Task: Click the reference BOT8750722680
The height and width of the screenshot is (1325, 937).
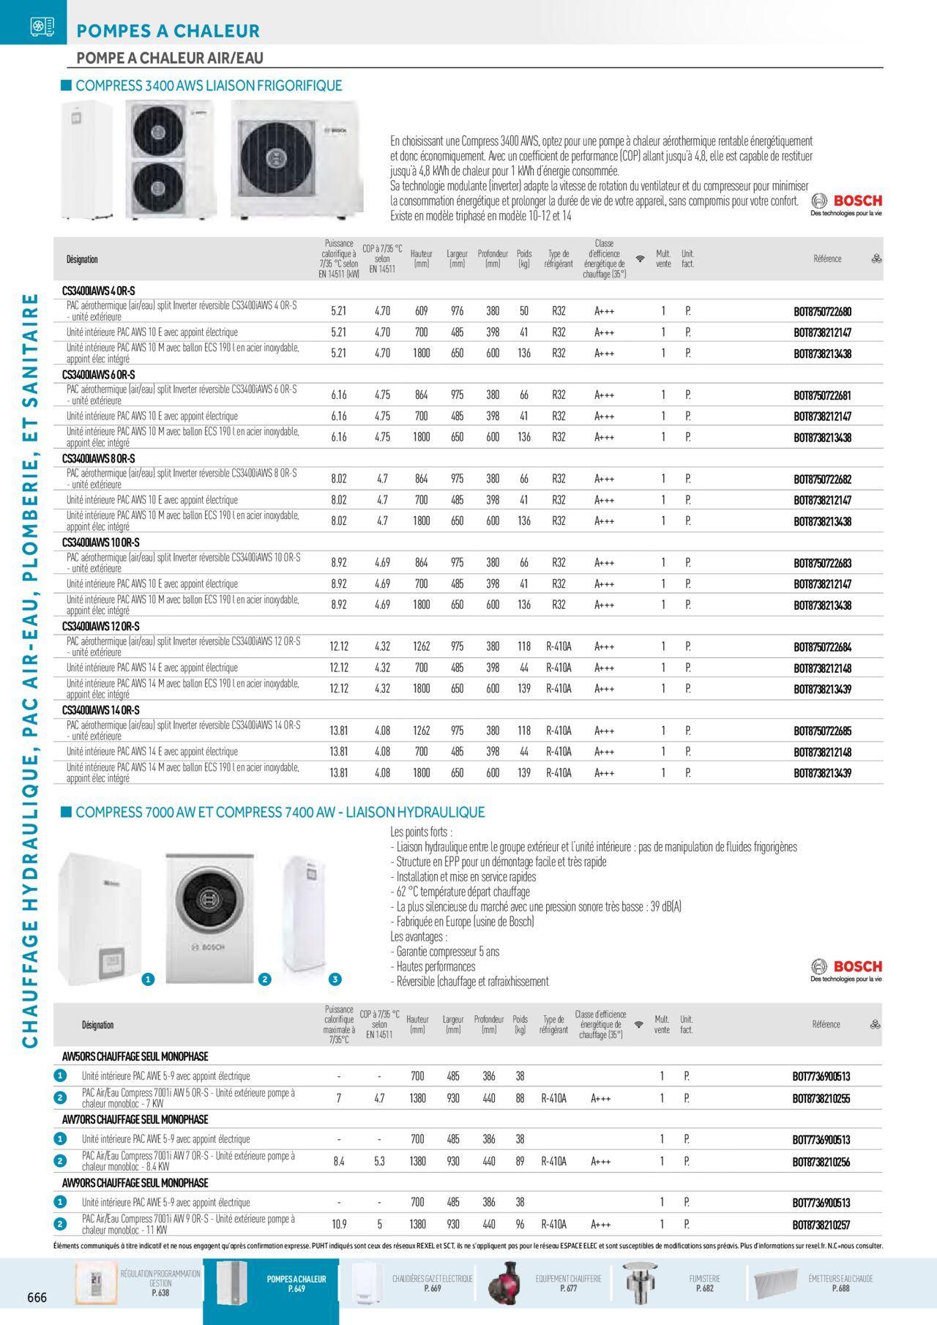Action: (x=822, y=312)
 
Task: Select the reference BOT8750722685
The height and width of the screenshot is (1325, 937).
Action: (x=822, y=731)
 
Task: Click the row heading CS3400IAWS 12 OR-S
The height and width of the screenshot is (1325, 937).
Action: (x=101, y=627)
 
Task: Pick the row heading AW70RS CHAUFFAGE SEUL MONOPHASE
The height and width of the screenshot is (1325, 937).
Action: (x=135, y=1119)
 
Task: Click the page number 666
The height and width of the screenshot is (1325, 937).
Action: (x=37, y=1297)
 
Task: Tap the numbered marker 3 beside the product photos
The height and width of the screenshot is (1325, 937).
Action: (x=335, y=979)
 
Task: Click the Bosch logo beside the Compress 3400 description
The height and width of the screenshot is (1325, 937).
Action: (x=846, y=203)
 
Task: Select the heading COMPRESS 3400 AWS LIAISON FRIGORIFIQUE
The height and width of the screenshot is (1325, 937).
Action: (x=209, y=86)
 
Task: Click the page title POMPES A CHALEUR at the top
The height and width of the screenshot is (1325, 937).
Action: (x=168, y=31)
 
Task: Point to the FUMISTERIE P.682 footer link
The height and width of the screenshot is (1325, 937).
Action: (x=704, y=1283)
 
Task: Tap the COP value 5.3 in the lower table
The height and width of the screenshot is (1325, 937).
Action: (x=379, y=1161)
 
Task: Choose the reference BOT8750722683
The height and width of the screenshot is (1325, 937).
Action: (x=822, y=564)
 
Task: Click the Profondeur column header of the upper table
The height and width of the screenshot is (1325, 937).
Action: (x=493, y=258)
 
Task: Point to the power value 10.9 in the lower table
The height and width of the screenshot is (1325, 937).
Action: (x=338, y=1224)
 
